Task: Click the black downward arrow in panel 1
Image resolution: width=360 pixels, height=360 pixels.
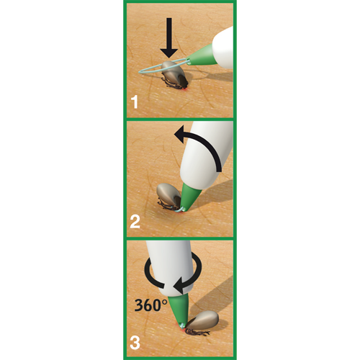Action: point(169,37)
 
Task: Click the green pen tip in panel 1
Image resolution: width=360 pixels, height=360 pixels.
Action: point(199,55)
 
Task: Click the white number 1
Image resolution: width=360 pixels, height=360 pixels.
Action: point(135,102)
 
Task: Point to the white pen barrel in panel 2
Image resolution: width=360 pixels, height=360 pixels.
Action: point(207,153)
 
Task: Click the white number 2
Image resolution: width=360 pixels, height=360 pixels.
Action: point(135,222)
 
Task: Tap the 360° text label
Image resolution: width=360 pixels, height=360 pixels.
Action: point(150,305)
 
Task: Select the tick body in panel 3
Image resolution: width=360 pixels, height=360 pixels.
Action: point(203,320)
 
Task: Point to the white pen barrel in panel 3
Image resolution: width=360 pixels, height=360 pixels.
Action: point(170,266)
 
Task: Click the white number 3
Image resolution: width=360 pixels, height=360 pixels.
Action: point(135,343)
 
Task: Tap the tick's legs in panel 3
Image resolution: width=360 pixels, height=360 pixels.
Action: point(197,333)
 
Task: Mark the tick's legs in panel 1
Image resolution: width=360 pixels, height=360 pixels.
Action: point(172,84)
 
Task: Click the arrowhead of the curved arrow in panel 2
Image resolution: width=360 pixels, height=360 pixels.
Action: point(180,135)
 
